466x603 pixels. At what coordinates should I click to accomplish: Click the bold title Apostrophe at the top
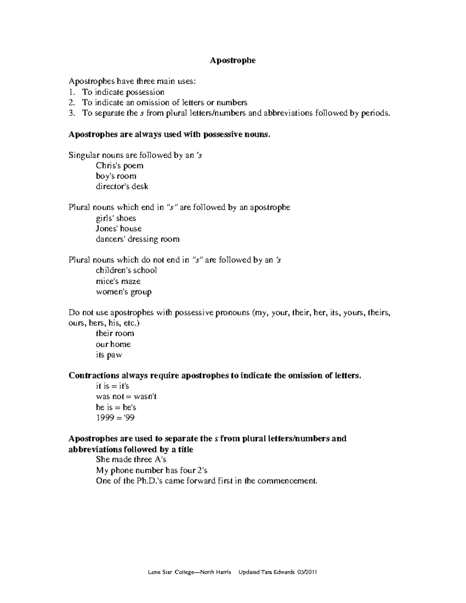click(233, 60)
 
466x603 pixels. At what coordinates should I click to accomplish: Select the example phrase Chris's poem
click(120, 166)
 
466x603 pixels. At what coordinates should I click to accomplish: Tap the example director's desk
click(122, 187)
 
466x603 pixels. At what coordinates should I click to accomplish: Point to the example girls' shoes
click(116, 218)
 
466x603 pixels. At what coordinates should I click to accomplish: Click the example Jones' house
click(118, 229)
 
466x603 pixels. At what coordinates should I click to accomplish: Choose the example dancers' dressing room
click(137, 239)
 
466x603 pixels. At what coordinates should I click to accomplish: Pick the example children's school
click(126, 270)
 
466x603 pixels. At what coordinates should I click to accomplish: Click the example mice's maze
click(118, 281)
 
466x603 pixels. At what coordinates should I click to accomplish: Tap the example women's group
click(123, 292)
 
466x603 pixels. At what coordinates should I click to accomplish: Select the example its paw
click(109, 355)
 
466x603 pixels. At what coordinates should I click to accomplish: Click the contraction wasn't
click(145, 397)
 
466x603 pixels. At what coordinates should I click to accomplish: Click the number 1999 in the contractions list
click(104, 418)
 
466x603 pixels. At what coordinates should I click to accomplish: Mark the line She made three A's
click(131, 460)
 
